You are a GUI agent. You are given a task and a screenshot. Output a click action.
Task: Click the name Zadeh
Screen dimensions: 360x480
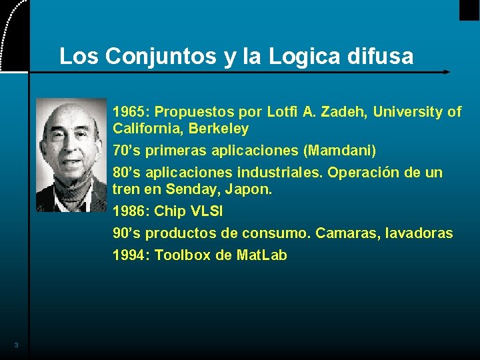click(x=343, y=111)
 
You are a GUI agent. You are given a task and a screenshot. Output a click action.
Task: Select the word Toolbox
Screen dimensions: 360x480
click(x=183, y=255)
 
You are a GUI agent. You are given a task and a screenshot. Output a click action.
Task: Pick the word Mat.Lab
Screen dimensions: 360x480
click(x=262, y=255)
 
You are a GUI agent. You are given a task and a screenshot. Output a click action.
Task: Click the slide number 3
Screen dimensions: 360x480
click(x=16, y=345)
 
